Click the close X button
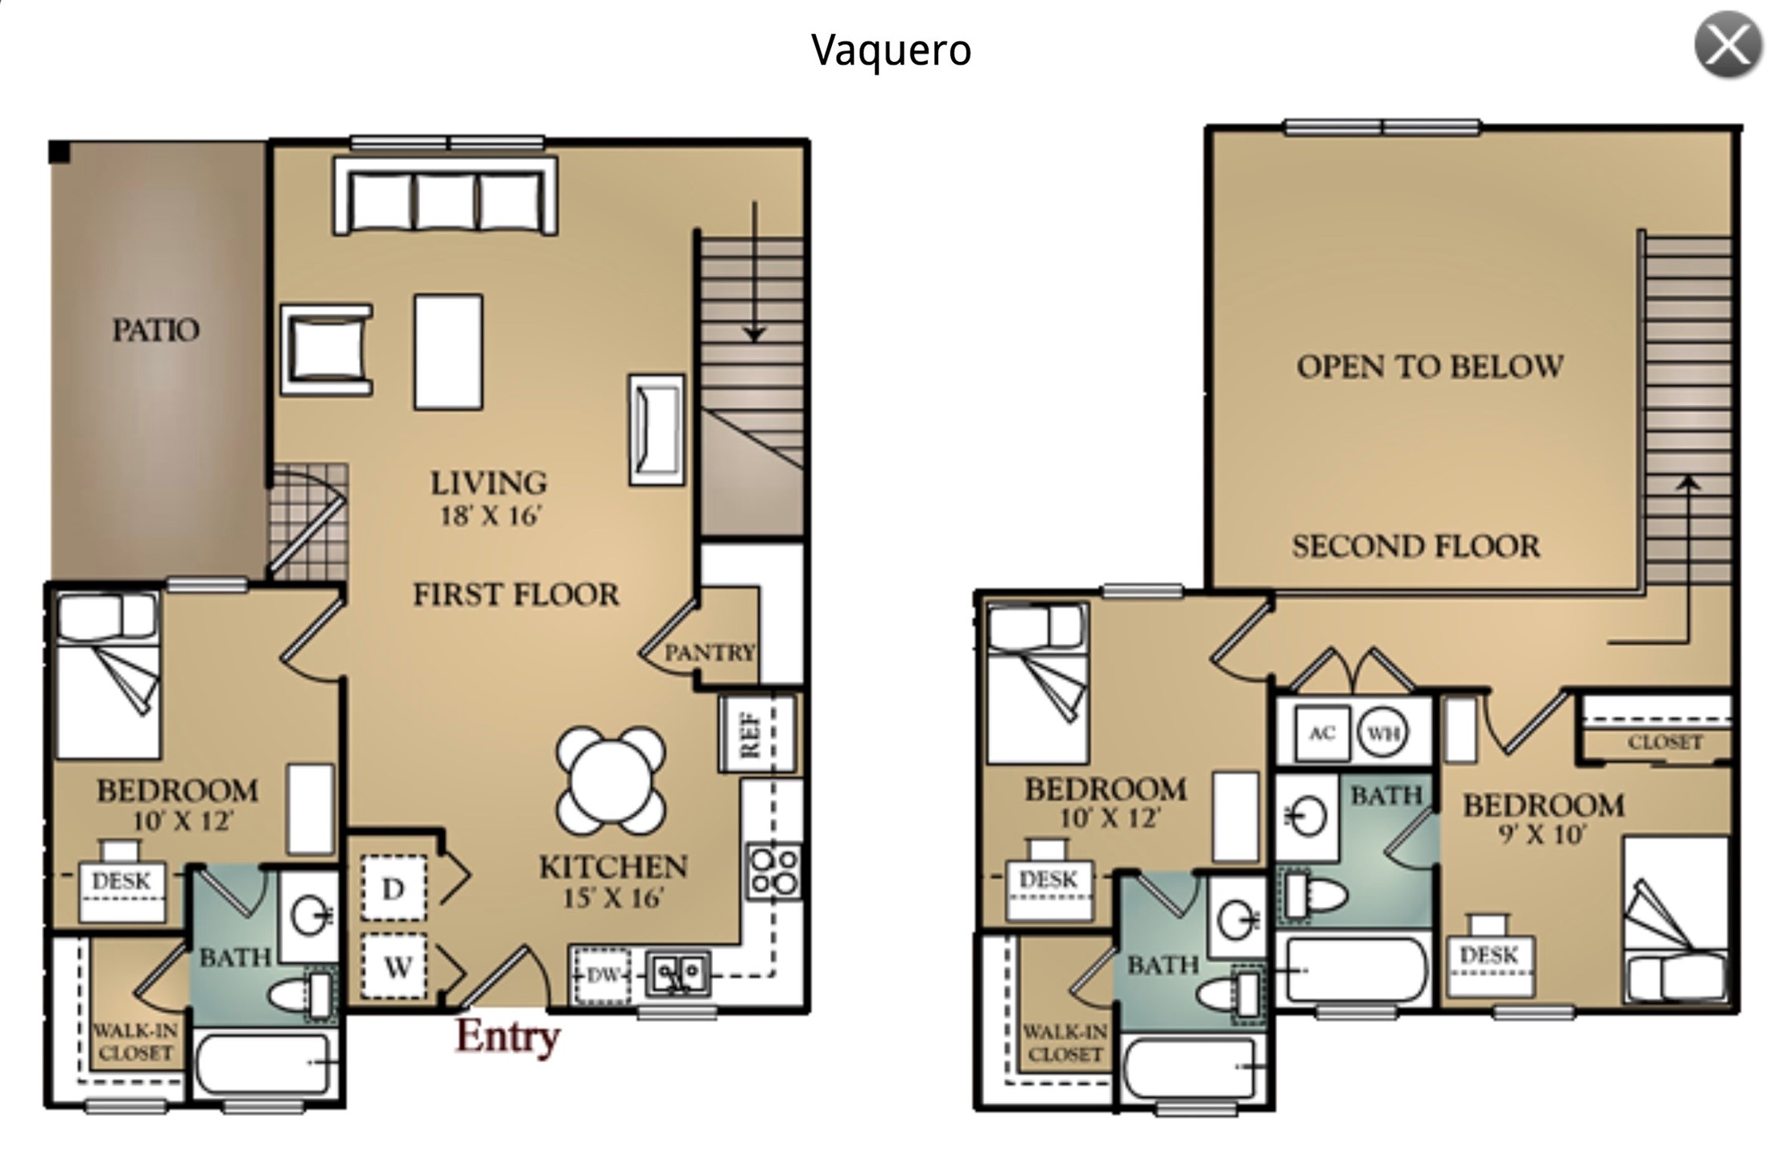tap(1728, 45)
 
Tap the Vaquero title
tap(892, 50)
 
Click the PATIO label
tap(155, 330)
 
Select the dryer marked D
tap(393, 888)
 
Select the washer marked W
tap(393, 967)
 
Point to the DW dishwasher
tap(602, 975)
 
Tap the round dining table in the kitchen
tap(611, 780)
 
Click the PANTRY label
tap(710, 652)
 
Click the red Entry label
tap(508, 1037)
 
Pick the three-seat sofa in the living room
tap(446, 196)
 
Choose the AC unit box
tap(1322, 733)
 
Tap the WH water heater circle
tap(1382, 733)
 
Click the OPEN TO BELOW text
tap(1430, 367)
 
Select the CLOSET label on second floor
tap(1665, 742)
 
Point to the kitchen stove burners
tap(773, 871)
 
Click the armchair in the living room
tap(327, 350)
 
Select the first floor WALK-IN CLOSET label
tap(135, 1042)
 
